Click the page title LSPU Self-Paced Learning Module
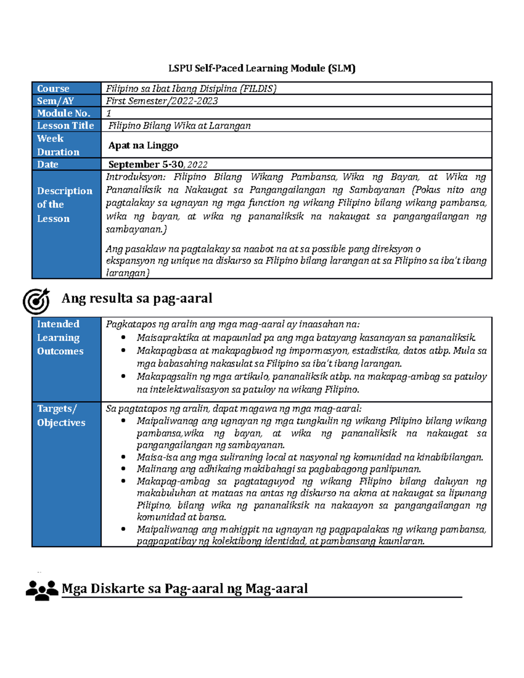click(262, 69)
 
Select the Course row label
click(53, 89)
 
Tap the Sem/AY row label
click(55, 101)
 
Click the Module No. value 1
click(109, 114)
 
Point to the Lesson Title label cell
click(65, 126)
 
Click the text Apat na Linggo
click(143, 145)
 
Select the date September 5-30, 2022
click(158, 165)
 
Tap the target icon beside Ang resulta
click(36, 301)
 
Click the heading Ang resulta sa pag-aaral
click(137, 298)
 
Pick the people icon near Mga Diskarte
click(42, 590)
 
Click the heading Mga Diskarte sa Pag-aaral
click(185, 589)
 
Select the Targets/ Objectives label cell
click(61, 416)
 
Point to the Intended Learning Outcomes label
click(60, 337)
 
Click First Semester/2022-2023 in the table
click(162, 101)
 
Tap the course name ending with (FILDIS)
click(191, 89)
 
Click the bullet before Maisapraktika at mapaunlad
click(124, 337)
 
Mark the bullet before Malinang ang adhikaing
click(124, 469)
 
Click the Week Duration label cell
click(58, 145)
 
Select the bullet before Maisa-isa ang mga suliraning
click(124, 457)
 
